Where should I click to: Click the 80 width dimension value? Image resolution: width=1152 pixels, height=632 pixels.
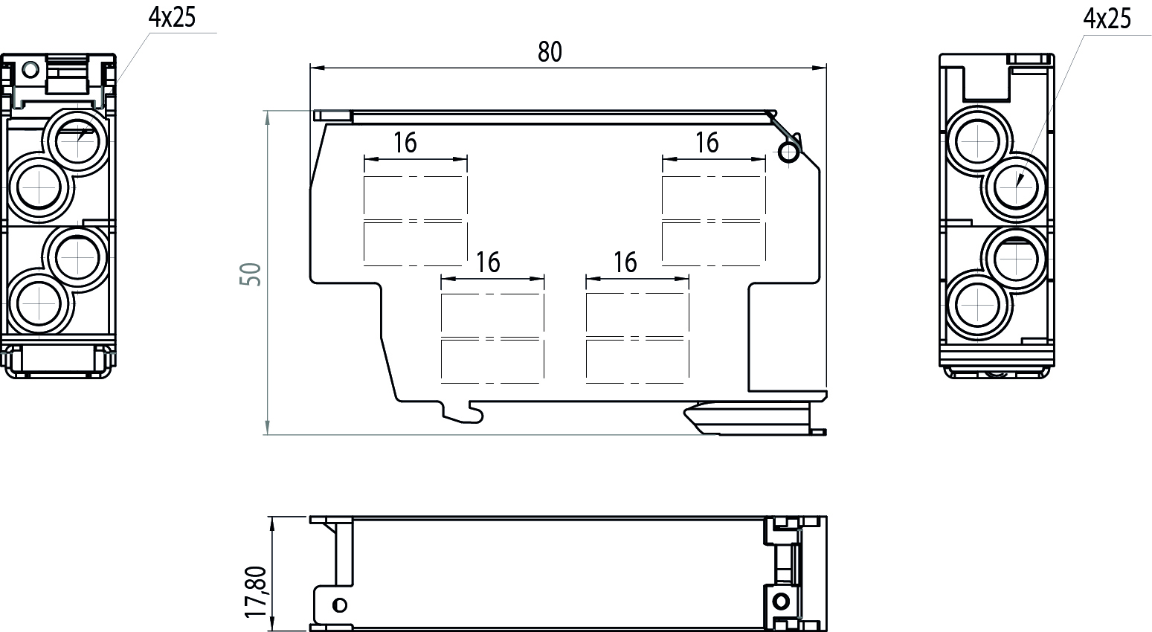point(550,52)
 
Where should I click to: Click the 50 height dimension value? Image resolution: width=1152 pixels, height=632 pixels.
point(251,274)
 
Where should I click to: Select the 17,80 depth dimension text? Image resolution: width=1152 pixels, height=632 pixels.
point(256,592)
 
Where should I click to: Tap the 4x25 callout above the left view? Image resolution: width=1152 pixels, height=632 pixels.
point(172,18)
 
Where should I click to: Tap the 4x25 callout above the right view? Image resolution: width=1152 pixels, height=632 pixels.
point(1107,19)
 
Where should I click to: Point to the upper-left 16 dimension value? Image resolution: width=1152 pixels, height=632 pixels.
point(405,143)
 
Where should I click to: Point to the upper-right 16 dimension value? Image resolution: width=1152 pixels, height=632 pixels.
point(707,143)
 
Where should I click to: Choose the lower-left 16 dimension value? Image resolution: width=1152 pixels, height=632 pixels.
point(488,262)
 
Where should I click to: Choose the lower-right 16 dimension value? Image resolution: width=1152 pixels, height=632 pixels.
point(625,262)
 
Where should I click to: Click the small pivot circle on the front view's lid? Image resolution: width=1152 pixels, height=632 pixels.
point(788,152)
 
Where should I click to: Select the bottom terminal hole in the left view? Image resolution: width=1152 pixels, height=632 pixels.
point(39,303)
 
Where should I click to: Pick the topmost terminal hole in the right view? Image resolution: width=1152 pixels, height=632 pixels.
point(977,141)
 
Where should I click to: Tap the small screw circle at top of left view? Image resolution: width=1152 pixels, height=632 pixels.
point(30,70)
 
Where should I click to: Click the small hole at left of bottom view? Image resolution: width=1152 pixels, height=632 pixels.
point(340,604)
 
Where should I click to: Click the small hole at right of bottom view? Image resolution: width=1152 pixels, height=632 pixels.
point(781,601)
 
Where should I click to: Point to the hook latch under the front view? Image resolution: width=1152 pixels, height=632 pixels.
point(463,413)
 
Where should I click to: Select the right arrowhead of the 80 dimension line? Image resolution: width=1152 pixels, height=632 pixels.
point(819,68)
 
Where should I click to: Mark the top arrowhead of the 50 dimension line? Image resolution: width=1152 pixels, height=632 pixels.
point(267,117)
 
